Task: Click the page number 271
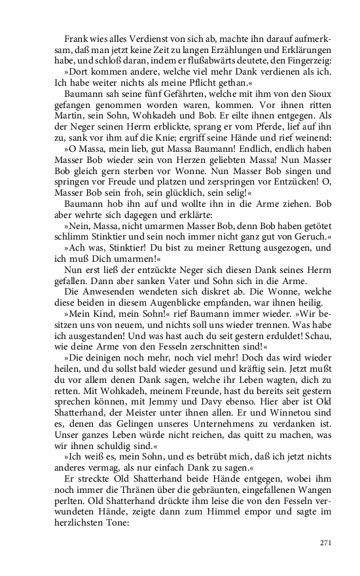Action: [x=327, y=543]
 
